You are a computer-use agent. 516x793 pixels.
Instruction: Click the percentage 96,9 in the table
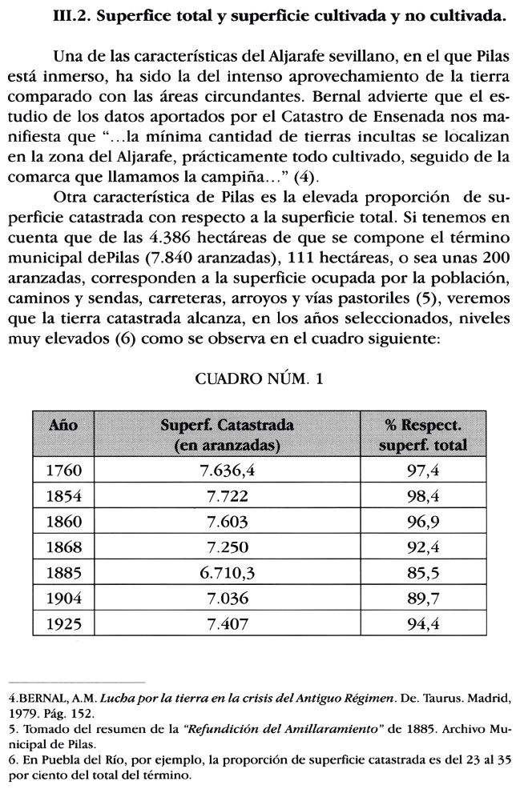[x=423, y=523]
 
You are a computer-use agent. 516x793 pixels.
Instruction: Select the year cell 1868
[x=64, y=548]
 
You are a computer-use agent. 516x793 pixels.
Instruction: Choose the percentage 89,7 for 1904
[x=423, y=600]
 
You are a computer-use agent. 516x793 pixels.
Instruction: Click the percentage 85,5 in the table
[x=423, y=575]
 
